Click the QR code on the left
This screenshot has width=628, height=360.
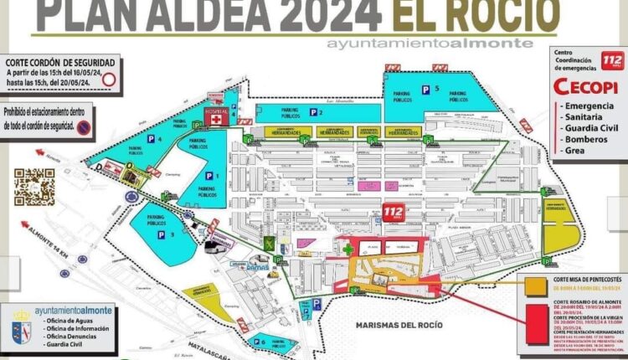pos(34,187)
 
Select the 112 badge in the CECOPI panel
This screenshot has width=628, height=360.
pos(595,60)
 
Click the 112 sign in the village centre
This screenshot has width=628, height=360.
pos(394,213)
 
